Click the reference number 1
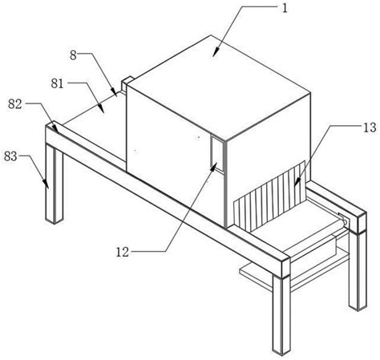click(x=285, y=8)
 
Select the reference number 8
click(x=73, y=55)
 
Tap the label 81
click(x=58, y=83)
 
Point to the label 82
click(x=14, y=104)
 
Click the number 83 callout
click(x=10, y=156)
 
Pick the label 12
click(x=123, y=252)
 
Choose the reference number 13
click(x=370, y=127)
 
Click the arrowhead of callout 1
click(x=216, y=52)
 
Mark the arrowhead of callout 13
click(x=297, y=182)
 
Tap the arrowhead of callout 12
click(x=213, y=167)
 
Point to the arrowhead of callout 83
click(x=46, y=184)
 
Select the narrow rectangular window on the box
click(x=217, y=152)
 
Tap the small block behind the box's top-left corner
click(x=127, y=83)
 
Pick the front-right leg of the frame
click(x=281, y=314)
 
